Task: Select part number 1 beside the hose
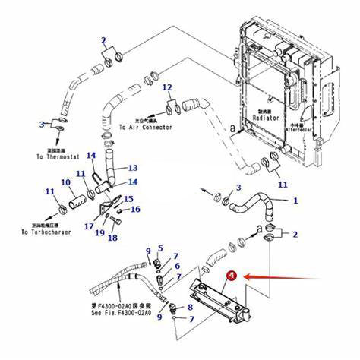tap(295, 201)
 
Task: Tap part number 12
tap(167, 88)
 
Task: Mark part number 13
tap(132, 168)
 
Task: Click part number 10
tap(65, 182)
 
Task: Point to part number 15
tap(128, 198)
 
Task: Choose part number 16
tap(136, 209)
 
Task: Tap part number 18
tap(112, 238)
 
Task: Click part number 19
tap(99, 232)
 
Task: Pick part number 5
tap(160, 248)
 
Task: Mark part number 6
tap(177, 266)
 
